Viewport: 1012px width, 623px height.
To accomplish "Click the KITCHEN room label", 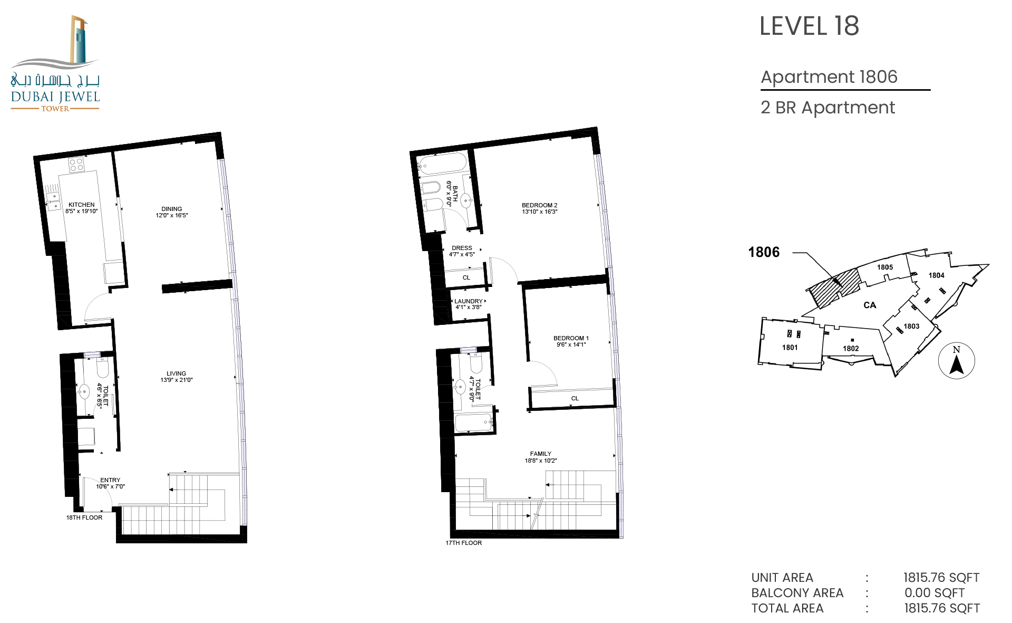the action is tap(82, 205).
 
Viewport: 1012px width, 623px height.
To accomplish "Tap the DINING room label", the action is tap(172, 209).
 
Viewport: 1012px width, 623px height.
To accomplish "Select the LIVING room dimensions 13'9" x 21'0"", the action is tap(177, 380).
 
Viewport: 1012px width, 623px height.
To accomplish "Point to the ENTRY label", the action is tap(110, 480).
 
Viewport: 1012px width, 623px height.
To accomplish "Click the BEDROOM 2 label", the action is tap(540, 205).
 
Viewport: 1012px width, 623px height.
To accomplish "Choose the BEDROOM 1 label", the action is tap(571, 338).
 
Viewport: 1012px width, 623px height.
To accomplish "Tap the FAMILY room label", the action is tap(541, 454).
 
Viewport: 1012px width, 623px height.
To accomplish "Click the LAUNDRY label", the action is tap(469, 301).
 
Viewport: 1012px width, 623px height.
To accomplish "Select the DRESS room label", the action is tap(462, 248).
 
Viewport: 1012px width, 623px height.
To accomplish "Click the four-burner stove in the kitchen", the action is tap(76, 165).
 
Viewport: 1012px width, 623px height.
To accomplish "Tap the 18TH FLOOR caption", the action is tap(84, 517).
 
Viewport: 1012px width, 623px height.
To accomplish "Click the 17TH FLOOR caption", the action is tap(464, 543).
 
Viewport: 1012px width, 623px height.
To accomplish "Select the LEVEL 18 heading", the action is tap(809, 26).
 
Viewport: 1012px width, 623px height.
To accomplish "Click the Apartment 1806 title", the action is tap(829, 77).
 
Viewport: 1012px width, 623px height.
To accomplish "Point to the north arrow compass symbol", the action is tap(957, 361).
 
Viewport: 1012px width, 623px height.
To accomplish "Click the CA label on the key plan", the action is tap(870, 305).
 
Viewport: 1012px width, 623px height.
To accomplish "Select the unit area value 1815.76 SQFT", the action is tap(941, 578).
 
